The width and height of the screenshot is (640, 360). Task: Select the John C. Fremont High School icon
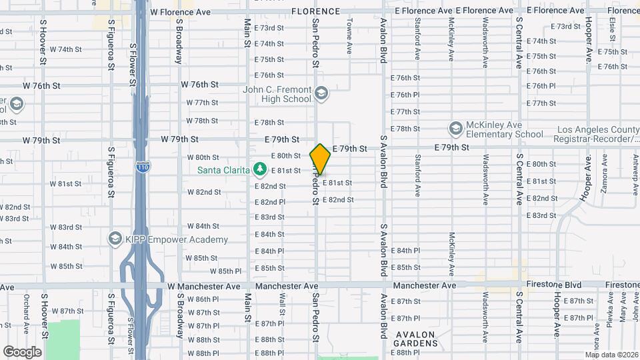(x=322, y=93)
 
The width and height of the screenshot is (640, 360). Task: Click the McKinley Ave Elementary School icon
(x=456, y=128)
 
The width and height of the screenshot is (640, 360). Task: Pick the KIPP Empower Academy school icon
(x=115, y=239)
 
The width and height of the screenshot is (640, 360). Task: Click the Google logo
(x=23, y=351)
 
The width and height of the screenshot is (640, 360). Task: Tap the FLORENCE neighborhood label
(x=315, y=11)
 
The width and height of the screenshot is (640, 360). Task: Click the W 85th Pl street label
(x=226, y=271)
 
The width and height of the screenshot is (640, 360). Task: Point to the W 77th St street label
(x=203, y=103)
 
